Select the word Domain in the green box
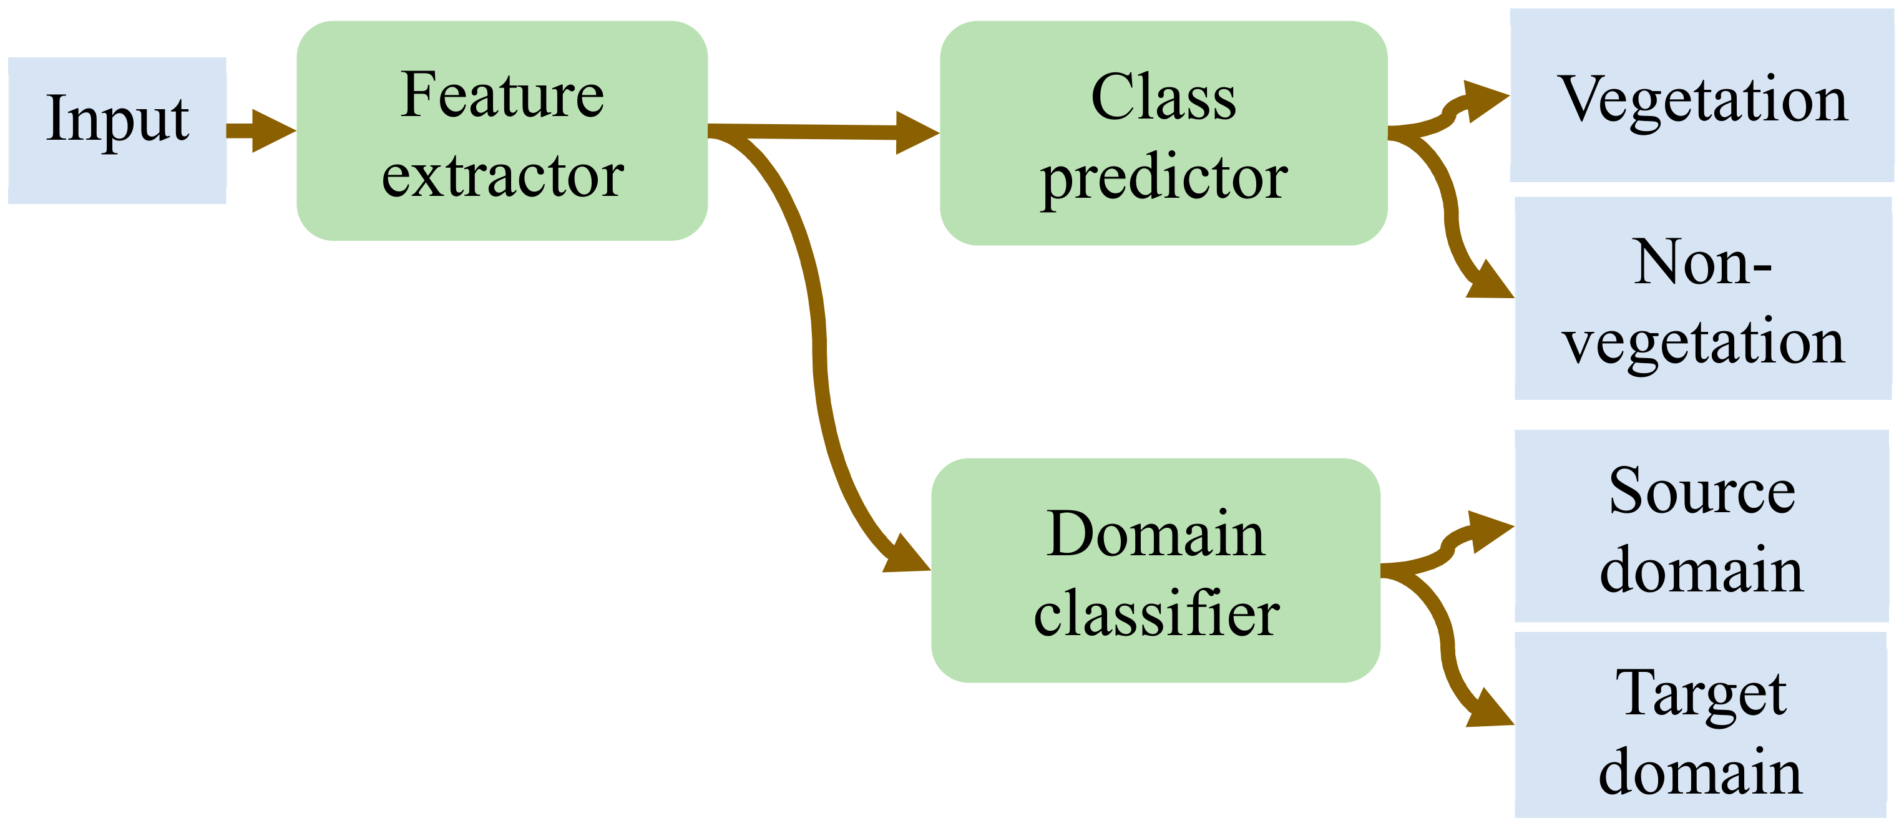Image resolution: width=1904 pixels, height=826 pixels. (x=1155, y=533)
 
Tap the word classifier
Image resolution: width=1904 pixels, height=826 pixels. (x=1156, y=614)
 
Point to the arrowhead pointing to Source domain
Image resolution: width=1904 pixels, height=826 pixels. (x=1490, y=530)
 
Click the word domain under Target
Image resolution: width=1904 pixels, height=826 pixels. (x=1700, y=772)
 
